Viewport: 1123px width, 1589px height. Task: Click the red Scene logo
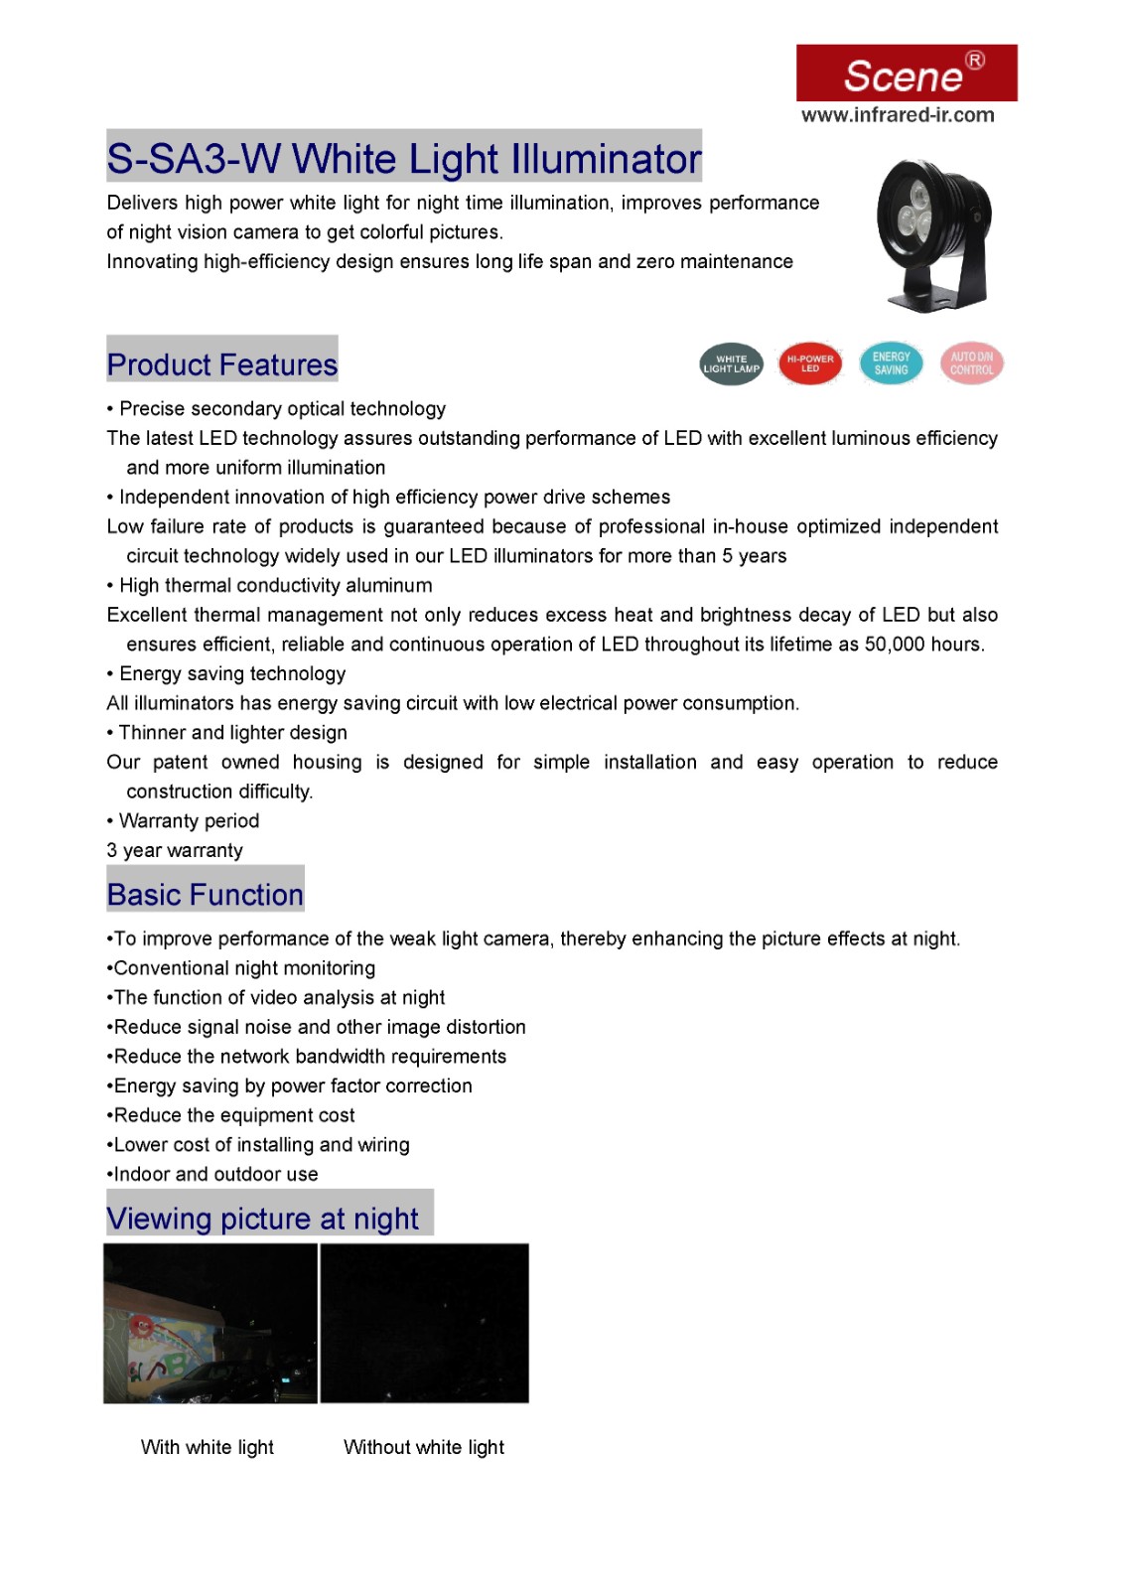point(906,72)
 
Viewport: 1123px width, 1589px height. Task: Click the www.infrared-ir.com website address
point(897,115)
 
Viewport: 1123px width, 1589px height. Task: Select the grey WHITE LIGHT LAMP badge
point(731,364)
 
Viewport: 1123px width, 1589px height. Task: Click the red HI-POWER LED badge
point(810,363)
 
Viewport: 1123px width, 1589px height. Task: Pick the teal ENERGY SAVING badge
point(891,363)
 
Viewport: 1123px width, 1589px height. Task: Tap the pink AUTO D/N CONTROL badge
point(971,363)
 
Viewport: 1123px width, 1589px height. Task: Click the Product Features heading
point(222,364)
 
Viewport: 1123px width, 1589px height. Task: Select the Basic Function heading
point(206,895)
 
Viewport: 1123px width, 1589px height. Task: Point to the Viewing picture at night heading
point(263,1219)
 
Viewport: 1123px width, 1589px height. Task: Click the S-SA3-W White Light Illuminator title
point(404,159)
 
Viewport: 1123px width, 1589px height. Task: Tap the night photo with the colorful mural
point(211,1323)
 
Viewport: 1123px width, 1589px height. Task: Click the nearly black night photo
point(424,1323)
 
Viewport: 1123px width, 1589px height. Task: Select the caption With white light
point(208,1447)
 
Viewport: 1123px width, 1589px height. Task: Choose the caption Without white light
point(424,1447)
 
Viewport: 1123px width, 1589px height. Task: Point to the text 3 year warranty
point(175,851)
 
